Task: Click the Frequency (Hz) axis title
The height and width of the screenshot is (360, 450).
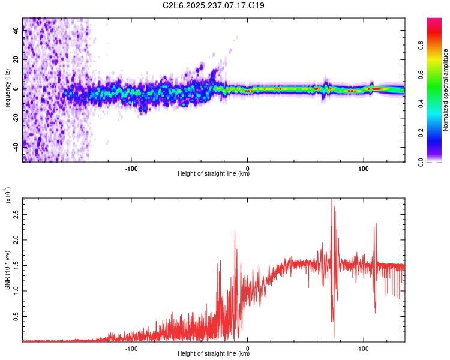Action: (x=7, y=90)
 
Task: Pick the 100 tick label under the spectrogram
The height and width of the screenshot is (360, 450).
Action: (x=363, y=167)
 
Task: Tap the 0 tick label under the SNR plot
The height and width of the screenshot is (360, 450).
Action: (x=247, y=347)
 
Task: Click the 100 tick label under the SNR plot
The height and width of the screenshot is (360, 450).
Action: (x=363, y=347)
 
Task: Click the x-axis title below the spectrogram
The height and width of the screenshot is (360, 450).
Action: (x=214, y=174)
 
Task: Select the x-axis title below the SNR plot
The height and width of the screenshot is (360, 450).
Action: (x=214, y=354)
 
